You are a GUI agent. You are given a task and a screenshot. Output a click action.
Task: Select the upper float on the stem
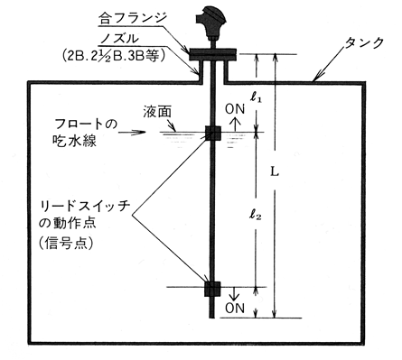tap(213, 134)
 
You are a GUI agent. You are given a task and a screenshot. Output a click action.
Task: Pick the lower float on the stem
tap(213, 289)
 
